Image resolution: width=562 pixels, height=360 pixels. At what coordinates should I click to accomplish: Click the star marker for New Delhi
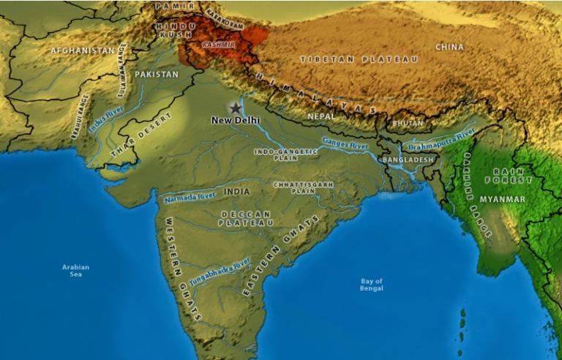pyautogui.click(x=235, y=108)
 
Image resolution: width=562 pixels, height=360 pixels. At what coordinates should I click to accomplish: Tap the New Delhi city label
pyautogui.click(x=235, y=120)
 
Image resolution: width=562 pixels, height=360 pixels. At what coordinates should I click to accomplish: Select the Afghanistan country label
pyautogui.click(x=83, y=50)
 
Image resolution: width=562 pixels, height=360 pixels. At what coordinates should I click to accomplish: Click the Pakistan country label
pyautogui.click(x=157, y=75)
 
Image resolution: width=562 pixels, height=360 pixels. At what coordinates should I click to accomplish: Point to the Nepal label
pyautogui.click(x=321, y=116)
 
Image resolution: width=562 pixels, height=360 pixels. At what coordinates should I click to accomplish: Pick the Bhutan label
pyautogui.click(x=408, y=124)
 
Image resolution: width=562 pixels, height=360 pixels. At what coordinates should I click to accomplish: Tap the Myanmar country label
pyautogui.click(x=502, y=199)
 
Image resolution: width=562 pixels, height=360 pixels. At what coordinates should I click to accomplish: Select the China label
pyautogui.click(x=449, y=47)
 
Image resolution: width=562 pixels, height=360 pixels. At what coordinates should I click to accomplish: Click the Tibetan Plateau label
pyautogui.click(x=359, y=59)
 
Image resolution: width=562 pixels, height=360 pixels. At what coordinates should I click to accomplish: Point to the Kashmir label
pyautogui.click(x=209, y=45)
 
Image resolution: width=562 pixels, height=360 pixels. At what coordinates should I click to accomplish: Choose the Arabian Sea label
pyautogui.click(x=75, y=271)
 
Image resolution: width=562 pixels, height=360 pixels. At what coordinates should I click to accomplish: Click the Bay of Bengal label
pyautogui.click(x=372, y=285)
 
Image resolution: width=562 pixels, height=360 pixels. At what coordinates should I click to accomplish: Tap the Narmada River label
pyautogui.click(x=190, y=198)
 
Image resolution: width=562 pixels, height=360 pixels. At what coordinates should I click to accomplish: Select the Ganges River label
pyautogui.click(x=345, y=145)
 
